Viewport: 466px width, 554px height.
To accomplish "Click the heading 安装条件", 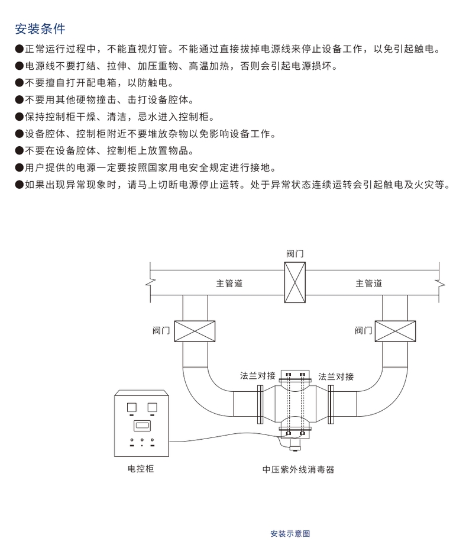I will (x=40, y=28).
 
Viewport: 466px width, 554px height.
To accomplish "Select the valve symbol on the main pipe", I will (x=295, y=282).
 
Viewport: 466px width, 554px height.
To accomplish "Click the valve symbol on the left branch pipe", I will (x=195, y=330).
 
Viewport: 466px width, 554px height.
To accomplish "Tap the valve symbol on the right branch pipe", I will (x=395, y=330).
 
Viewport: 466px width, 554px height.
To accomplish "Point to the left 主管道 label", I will (x=229, y=284).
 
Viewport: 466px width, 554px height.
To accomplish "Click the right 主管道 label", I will (x=368, y=284).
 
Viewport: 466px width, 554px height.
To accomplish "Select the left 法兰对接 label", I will (x=257, y=376).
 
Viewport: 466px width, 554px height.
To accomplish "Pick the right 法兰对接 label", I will (x=336, y=376).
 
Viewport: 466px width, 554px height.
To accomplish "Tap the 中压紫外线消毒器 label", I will (x=298, y=469).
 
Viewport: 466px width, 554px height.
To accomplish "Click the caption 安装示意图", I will (x=290, y=533).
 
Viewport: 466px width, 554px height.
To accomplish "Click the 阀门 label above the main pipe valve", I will (x=295, y=253).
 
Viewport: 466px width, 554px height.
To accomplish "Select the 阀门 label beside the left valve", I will (x=161, y=330).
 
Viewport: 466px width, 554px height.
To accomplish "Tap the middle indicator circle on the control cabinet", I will (x=141, y=441).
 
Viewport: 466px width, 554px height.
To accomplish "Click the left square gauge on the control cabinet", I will (x=131, y=407).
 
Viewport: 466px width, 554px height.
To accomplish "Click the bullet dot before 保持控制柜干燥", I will (x=19, y=117).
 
